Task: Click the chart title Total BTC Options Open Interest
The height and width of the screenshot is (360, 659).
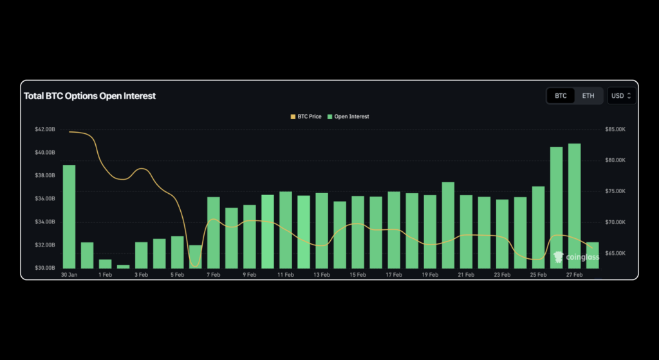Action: [x=89, y=96]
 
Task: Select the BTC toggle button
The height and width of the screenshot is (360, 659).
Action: [x=561, y=96]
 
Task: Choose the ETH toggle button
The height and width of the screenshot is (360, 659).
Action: [x=588, y=96]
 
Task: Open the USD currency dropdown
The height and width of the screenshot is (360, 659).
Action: [x=622, y=96]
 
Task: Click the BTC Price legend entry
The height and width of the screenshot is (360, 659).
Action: [x=306, y=117]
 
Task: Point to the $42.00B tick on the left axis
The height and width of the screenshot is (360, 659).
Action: [x=44, y=129]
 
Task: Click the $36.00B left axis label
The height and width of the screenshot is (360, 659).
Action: [x=44, y=199]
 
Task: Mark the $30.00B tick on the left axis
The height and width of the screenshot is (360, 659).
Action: [x=44, y=268]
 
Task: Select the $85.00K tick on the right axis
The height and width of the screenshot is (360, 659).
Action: [x=616, y=129]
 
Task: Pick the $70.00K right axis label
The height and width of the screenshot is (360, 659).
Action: [x=616, y=222]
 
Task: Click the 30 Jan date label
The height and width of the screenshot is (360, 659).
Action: [x=69, y=275]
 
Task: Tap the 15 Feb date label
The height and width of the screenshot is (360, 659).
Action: [x=358, y=275]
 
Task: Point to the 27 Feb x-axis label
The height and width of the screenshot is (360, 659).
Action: [x=575, y=275]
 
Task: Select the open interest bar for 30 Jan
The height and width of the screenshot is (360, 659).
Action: [x=69, y=216]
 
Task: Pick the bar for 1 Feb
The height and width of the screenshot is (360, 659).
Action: [x=105, y=263]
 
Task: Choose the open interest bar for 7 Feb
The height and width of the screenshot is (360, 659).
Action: [x=214, y=232]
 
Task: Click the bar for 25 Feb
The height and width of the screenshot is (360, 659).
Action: [x=539, y=227]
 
